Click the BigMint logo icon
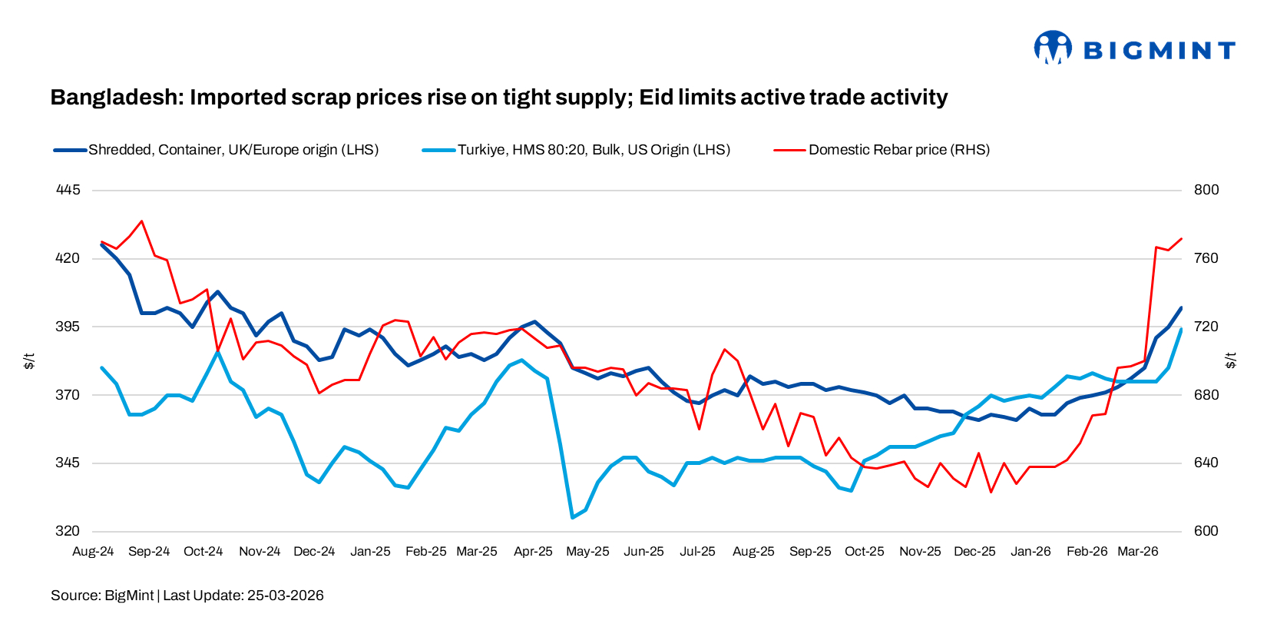click(x=1052, y=48)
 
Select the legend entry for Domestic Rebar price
click(x=898, y=150)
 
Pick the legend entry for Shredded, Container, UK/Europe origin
click(x=233, y=150)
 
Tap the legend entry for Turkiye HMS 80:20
click(x=593, y=150)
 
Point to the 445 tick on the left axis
click(x=68, y=190)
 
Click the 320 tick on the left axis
click(x=68, y=531)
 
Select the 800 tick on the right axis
click(x=1206, y=190)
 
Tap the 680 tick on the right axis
click(x=1206, y=395)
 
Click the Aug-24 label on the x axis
click(x=93, y=552)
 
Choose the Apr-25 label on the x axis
click(x=533, y=552)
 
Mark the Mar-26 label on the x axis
click(x=1137, y=552)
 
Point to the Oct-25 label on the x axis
click(x=864, y=552)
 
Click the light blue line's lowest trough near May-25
click(x=572, y=517)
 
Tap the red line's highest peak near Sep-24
click(x=142, y=221)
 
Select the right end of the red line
click(x=1181, y=239)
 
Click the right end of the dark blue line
click(x=1181, y=308)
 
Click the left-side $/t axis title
click(x=29, y=360)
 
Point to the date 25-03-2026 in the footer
click(x=285, y=596)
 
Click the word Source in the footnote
click(x=74, y=596)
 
